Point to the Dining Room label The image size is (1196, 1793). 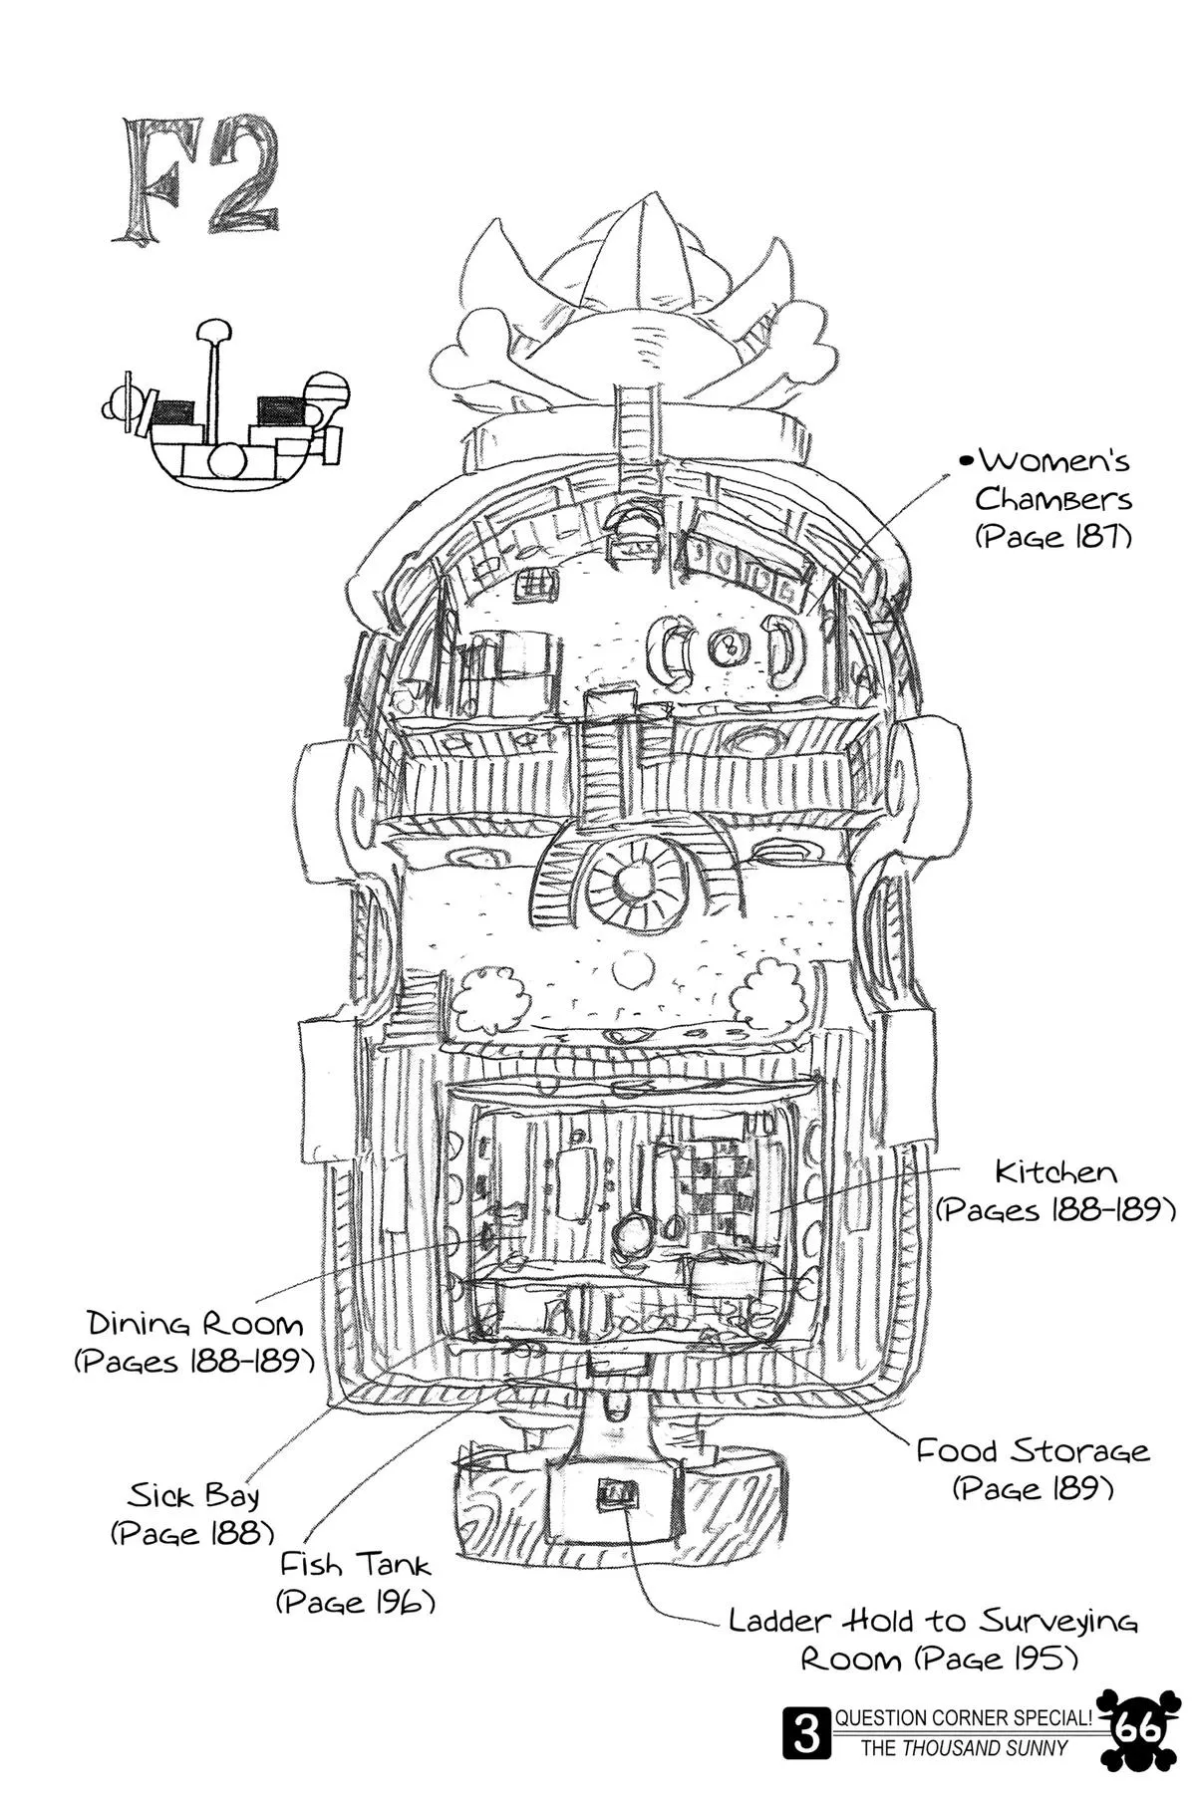[x=194, y=1324]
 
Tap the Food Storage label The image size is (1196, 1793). [x=1033, y=1449]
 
